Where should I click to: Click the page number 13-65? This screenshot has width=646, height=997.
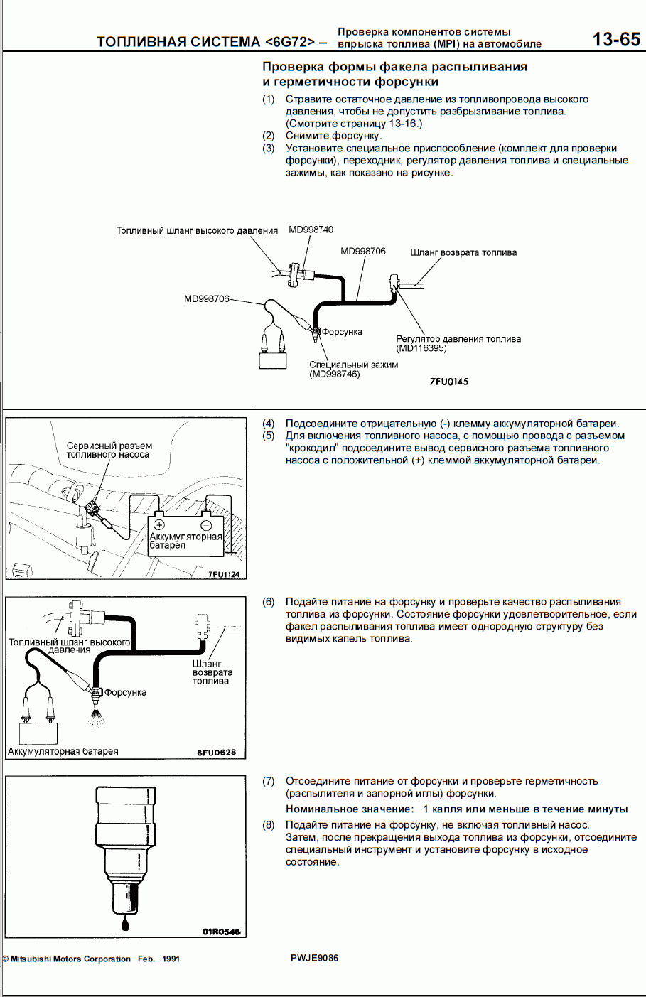616,40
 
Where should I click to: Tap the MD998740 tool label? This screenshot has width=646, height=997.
311,230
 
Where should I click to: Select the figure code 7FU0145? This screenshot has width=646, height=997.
448,382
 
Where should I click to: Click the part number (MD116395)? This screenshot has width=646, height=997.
421,348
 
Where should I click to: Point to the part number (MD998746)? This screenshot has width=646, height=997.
334,374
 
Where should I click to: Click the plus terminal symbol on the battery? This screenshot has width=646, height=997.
159,524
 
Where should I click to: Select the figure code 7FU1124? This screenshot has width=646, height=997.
224,575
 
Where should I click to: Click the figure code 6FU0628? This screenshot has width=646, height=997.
216,753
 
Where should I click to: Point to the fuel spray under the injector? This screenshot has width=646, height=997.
96,717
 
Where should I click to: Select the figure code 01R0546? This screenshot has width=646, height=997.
221,931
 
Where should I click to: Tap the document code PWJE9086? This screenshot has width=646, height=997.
314,958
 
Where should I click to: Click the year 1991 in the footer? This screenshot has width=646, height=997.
171,959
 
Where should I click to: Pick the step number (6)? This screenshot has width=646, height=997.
269,602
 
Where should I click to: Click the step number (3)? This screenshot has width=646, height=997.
269,149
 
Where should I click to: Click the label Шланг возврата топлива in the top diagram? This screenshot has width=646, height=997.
463,252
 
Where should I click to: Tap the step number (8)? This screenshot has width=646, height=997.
269,825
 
